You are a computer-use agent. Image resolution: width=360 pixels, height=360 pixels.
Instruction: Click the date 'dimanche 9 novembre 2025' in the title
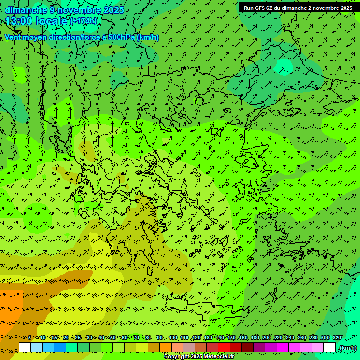[64, 10]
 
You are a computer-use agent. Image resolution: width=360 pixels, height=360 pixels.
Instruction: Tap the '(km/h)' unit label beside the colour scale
[348, 348]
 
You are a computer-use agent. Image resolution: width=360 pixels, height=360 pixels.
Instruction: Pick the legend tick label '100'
[173, 338]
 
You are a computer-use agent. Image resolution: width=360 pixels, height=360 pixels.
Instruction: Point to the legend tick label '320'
[337, 338]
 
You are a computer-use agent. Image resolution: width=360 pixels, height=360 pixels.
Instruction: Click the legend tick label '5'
[30, 338]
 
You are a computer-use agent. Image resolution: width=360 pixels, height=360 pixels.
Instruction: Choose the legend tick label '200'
[267, 338]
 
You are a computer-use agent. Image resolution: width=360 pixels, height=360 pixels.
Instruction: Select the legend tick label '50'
[113, 338]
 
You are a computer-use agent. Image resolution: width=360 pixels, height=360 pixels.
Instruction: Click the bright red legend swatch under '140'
[224, 347]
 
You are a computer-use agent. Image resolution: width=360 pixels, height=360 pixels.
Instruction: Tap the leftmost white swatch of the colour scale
[25, 347]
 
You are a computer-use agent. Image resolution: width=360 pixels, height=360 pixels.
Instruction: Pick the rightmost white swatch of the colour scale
[330, 347]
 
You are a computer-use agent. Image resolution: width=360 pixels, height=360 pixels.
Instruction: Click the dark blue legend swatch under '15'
[60, 347]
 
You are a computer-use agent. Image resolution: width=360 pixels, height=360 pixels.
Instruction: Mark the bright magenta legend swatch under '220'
[283, 347]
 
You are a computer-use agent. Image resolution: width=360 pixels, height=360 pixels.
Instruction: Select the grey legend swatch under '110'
[189, 347]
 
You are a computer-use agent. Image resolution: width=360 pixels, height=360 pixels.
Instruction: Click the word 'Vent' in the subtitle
[12, 37]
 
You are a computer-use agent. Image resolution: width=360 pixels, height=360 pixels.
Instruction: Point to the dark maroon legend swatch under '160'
[247, 347]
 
